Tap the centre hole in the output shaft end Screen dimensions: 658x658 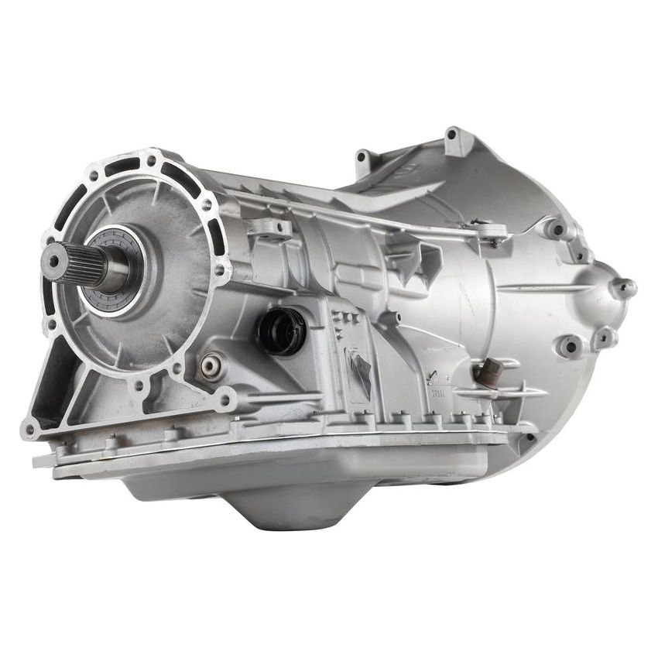click(x=53, y=261)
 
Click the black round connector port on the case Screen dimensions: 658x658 click(x=281, y=331)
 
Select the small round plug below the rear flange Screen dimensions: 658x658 click(x=209, y=365)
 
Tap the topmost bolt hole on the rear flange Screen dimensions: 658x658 click(x=152, y=160)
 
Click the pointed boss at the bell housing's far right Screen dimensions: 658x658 click(x=624, y=288)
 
